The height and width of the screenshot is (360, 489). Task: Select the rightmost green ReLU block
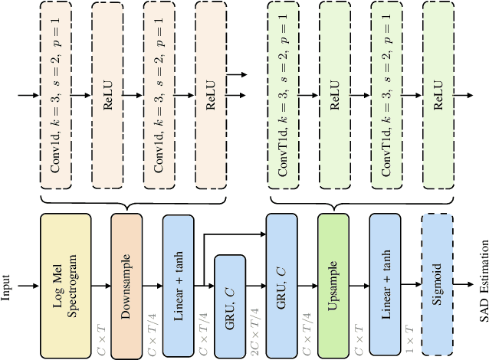tap(437, 96)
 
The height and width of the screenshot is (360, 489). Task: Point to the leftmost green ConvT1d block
tap(283, 96)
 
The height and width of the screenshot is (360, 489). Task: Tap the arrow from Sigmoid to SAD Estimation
tap(462, 286)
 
